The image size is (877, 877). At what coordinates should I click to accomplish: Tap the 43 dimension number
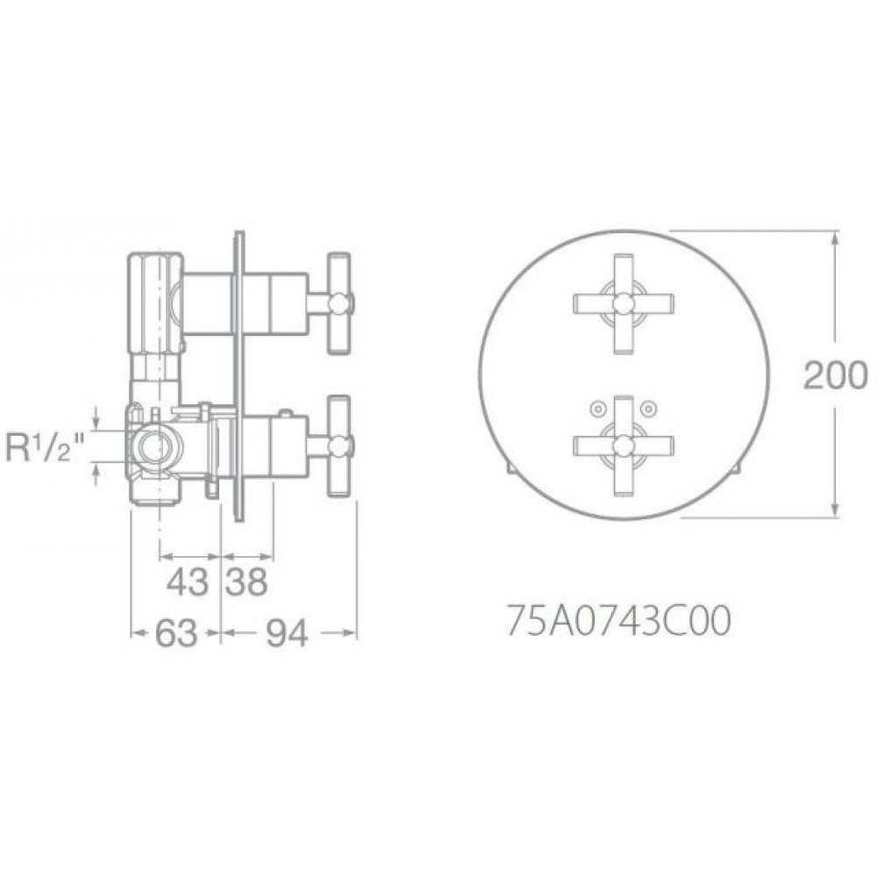tap(188, 582)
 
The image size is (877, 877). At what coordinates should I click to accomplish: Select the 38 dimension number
tap(246, 582)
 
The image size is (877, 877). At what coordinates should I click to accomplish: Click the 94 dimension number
tap(287, 634)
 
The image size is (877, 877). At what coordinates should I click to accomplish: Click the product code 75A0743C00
tap(618, 622)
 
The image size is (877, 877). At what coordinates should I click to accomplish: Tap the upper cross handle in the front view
tap(623, 303)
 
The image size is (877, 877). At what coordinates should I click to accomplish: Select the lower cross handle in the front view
tap(623, 446)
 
